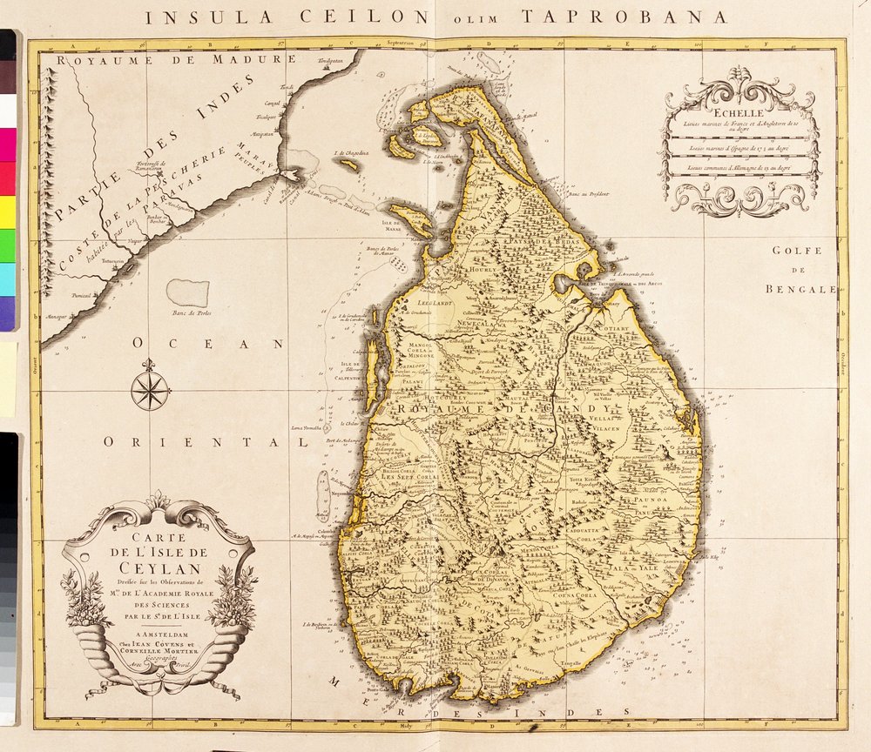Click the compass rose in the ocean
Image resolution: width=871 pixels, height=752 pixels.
(150, 389)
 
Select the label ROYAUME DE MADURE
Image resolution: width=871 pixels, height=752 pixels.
(170, 59)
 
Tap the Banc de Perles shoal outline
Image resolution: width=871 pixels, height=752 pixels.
(189, 292)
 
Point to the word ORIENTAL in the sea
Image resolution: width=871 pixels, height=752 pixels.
(206, 442)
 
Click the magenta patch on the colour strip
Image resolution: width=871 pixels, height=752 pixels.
(7, 144)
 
